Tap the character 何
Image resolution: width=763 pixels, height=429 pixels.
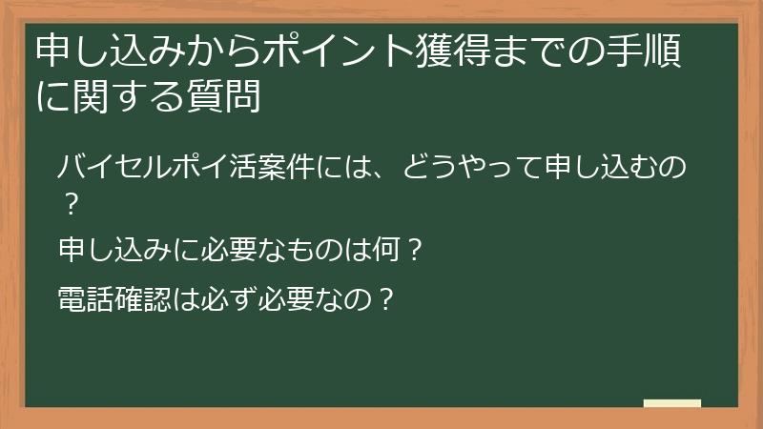pos(389,253)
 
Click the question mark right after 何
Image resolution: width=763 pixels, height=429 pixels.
pos(414,253)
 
